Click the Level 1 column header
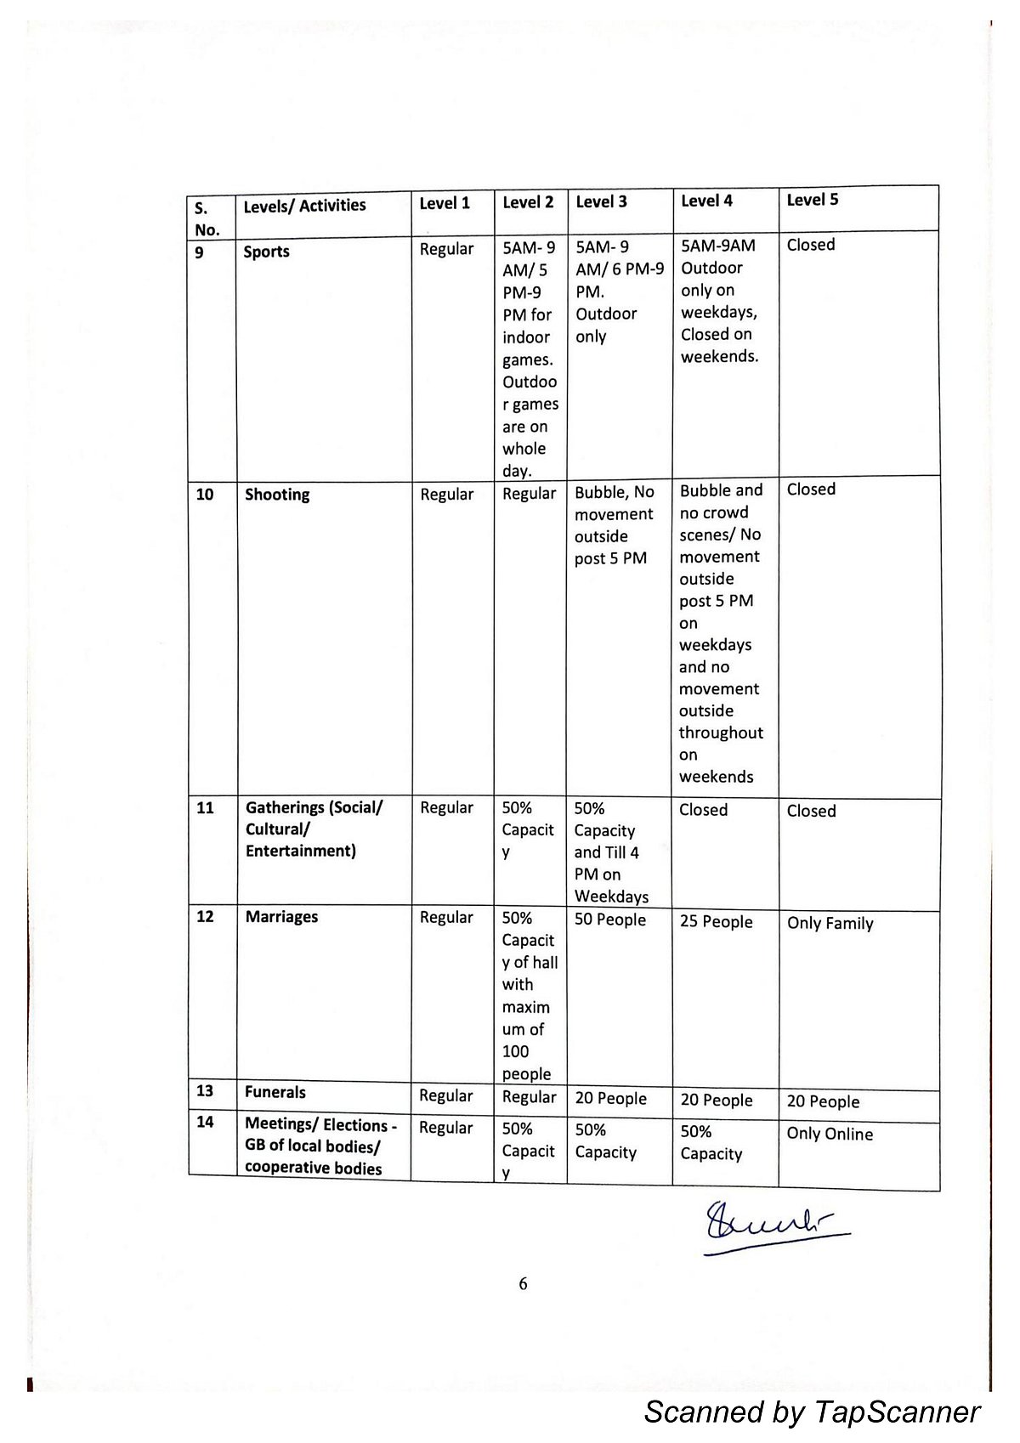point(445,203)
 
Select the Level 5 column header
point(812,200)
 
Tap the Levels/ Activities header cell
point(304,206)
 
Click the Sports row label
point(266,252)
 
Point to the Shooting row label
point(277,495)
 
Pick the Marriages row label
point(281,917)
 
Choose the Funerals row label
point(275,1092)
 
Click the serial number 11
point(206,807)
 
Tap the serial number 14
point(206,1122)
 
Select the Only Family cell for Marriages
point(830,923)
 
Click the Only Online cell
point(830,1134)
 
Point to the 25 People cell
point(716,922)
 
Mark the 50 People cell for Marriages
point(610,920)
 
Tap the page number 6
point(523,1283)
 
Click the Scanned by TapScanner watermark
point(812,1412)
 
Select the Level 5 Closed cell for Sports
point(811,245)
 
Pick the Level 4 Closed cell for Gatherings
point(703,810)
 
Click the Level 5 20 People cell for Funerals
point(823,1101)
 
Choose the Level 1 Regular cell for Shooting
point(446,495)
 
